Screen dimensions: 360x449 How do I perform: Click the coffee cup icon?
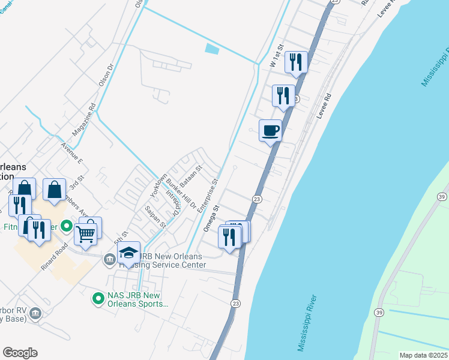pos(271,130)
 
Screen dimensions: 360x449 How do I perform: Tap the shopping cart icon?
pos(86,233)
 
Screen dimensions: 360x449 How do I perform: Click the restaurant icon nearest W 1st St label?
pos(295,62)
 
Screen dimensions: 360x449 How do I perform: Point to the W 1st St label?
pos(276,55)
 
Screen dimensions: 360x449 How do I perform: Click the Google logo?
pos(20,353)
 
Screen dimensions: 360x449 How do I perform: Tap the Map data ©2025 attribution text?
pos(423,355)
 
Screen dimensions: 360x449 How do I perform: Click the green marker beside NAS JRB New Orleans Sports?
pos(97,297)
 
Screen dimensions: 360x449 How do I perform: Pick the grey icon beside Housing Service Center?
pos(109,259)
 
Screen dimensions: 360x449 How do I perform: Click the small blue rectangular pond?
pos(212,49)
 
